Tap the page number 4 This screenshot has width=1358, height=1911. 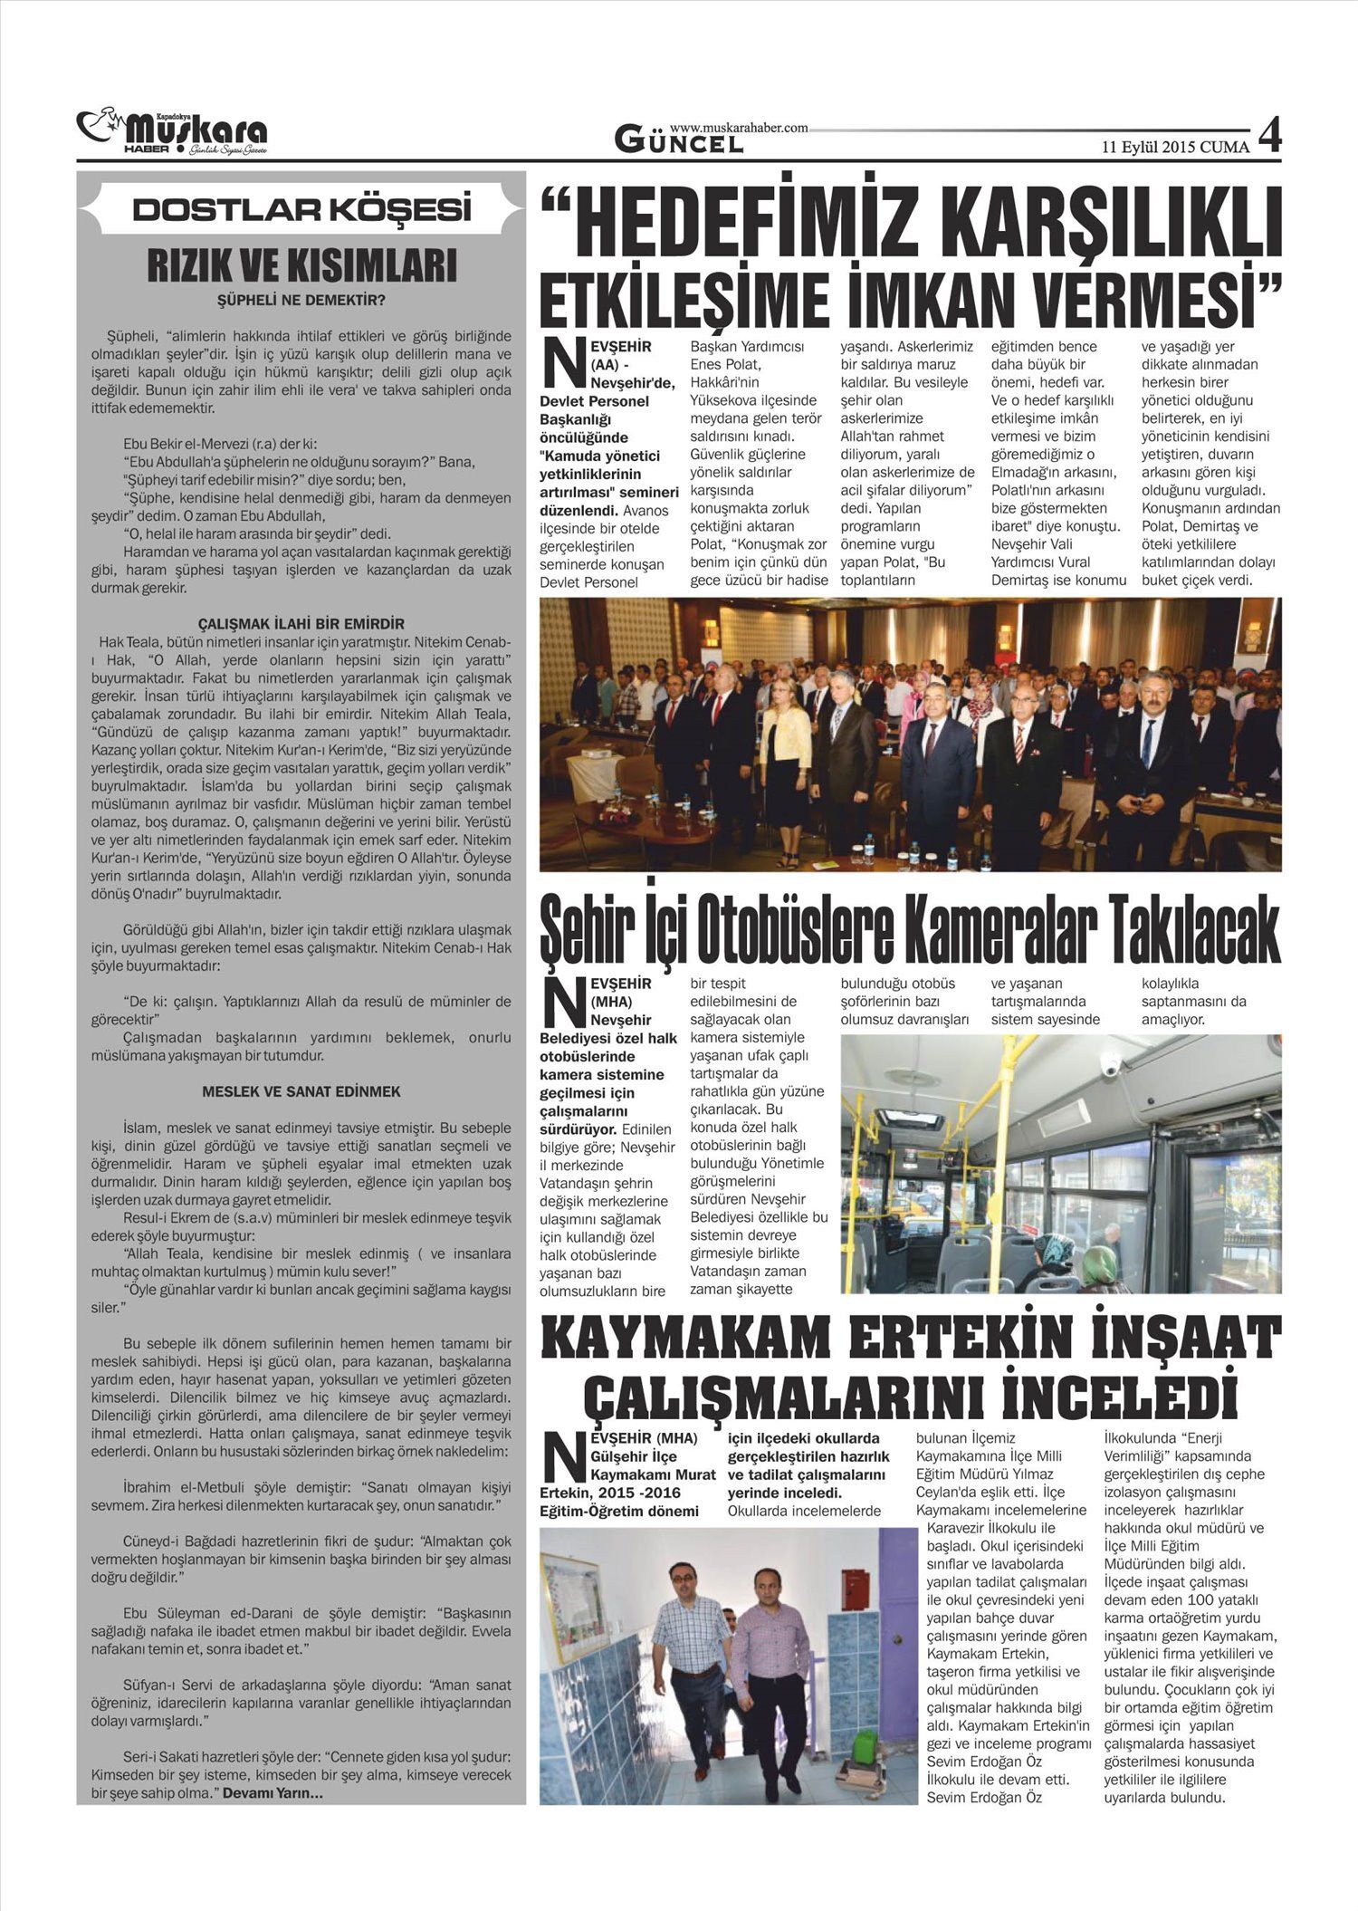(x=1269, y=137)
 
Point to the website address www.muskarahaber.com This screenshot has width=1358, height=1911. (x=739, y=129)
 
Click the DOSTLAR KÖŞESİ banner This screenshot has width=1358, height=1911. (x=301, y=210)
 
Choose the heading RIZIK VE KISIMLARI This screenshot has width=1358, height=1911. (x=301, y=266)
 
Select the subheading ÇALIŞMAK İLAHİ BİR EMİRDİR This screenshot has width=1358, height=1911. (x=301, y=624)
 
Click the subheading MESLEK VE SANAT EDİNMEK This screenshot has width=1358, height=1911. (x=301, y=1092)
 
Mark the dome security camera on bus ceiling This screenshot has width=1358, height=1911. (x=1111, y=1065)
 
